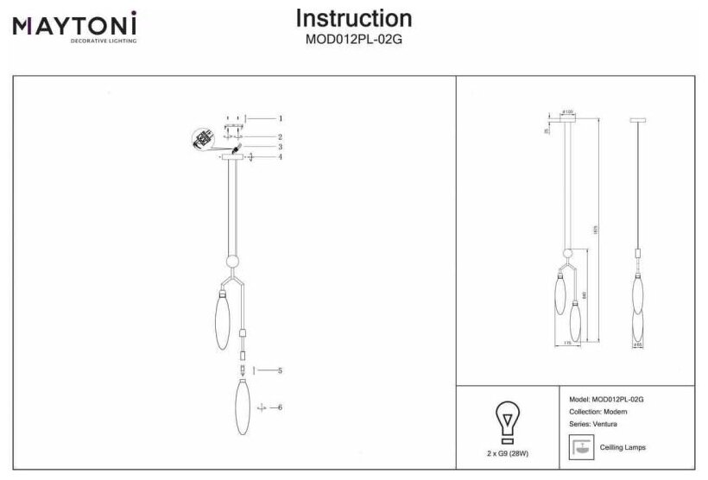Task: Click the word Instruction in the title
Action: pos(353,19)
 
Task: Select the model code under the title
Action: pos(353,39)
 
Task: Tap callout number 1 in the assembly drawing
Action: pos(281,117)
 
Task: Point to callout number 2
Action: pos(281,137)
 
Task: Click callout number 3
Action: pos(281,147)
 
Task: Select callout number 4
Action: pos(281,157)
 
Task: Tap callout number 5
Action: pos(281,370)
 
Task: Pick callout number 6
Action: pos(281,407)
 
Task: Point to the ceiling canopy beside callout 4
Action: pos(232,157)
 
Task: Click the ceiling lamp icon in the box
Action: pos(580,447)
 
